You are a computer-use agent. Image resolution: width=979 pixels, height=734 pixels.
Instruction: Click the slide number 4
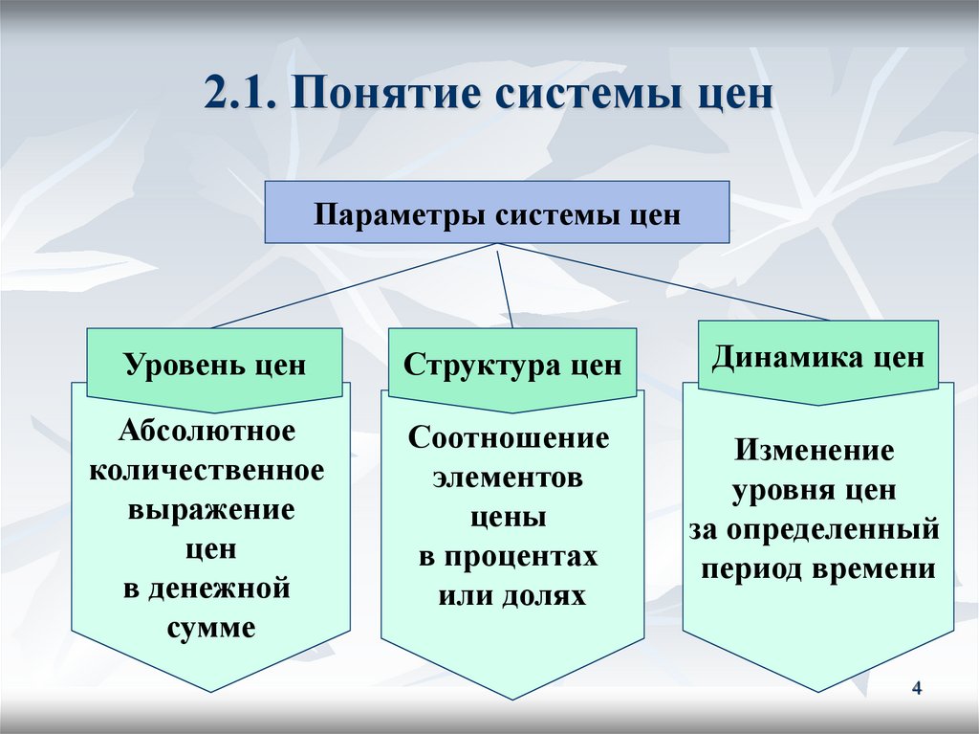(917, 689)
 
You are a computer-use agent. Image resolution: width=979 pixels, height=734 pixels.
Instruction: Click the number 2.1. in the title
(240, 96)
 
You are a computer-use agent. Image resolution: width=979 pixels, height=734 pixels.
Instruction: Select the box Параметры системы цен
(497, 212)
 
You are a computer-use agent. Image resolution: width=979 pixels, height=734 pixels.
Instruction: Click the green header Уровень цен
(214, 365)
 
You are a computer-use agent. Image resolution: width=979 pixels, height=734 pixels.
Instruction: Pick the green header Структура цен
(511, 365)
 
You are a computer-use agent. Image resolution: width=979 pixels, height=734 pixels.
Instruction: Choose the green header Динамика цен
(817, 358)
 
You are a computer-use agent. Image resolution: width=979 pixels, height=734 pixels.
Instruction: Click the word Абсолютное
(207, 431)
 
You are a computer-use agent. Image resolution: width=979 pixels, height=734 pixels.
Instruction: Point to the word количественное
(207, 470)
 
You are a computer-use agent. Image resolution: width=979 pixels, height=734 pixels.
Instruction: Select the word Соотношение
(508, 438)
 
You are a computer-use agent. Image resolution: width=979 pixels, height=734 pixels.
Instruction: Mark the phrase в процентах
(508, 556)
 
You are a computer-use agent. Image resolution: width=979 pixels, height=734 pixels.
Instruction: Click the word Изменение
(814, 450)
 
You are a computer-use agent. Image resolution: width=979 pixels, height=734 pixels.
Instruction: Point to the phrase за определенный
(814, 529)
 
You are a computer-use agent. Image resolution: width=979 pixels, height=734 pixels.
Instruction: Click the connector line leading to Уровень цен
(354, 285)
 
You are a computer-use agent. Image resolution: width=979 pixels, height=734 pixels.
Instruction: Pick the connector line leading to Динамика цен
(669, 283)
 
